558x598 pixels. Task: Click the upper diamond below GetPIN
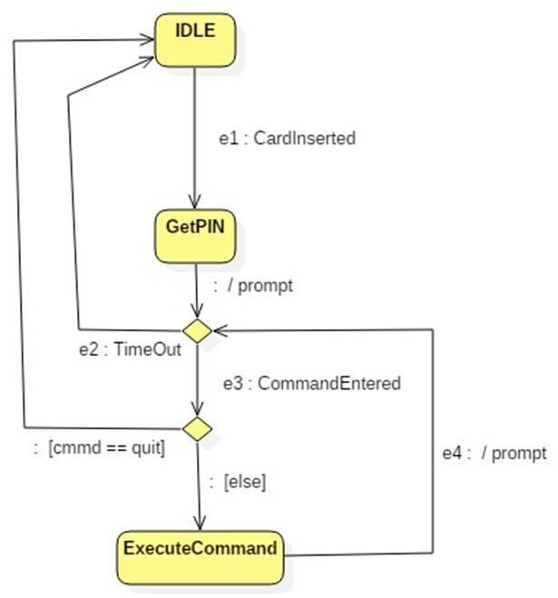click(197, 330)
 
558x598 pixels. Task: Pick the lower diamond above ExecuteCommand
click(197, 426)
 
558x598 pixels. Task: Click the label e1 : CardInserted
click(288, 139)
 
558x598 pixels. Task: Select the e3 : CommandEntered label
click(312, 383)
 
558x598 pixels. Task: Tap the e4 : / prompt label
click(494, 453)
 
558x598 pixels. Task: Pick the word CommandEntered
click(328, 383)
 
